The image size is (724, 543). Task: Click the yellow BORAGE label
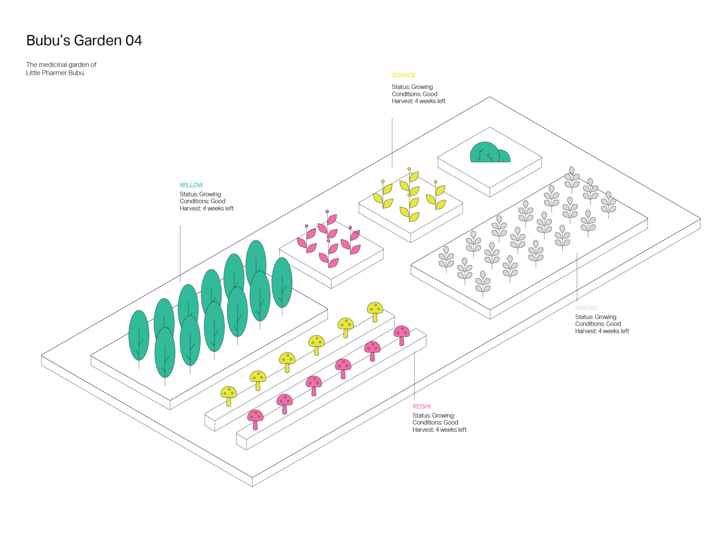click(x=404, y=75)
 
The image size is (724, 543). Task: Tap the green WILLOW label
click(x=191, y=185)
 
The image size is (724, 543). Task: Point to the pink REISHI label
click(x=422, y=406)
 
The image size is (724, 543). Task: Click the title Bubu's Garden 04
click(x=84, y=41)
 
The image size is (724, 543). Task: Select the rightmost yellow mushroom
click(x=375, y=310)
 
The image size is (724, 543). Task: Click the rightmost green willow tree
click(x=282, y=283)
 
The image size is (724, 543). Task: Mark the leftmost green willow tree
click(x=139, y=336)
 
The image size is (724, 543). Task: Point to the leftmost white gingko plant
click(x=446, y=258)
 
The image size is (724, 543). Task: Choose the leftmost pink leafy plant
click(x=307, y=240)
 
